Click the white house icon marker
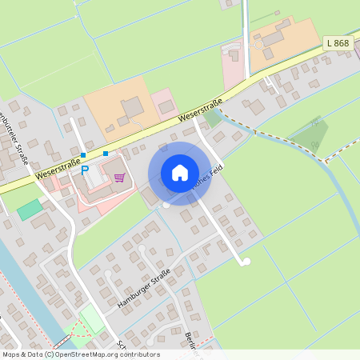(x=180, y=173)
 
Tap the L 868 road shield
(x=338, y=42)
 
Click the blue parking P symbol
(x=85, y=170)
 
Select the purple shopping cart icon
(x=119, y=177)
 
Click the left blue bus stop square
(x=83, y=154)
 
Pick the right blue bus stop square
(x=106, y=153)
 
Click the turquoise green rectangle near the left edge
(x=30, y=210)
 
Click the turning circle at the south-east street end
(x=246, y=262)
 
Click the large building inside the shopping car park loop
(x=98, y=178)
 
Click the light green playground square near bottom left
(x=93, y=320)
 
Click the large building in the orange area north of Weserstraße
(x=133, y=106)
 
